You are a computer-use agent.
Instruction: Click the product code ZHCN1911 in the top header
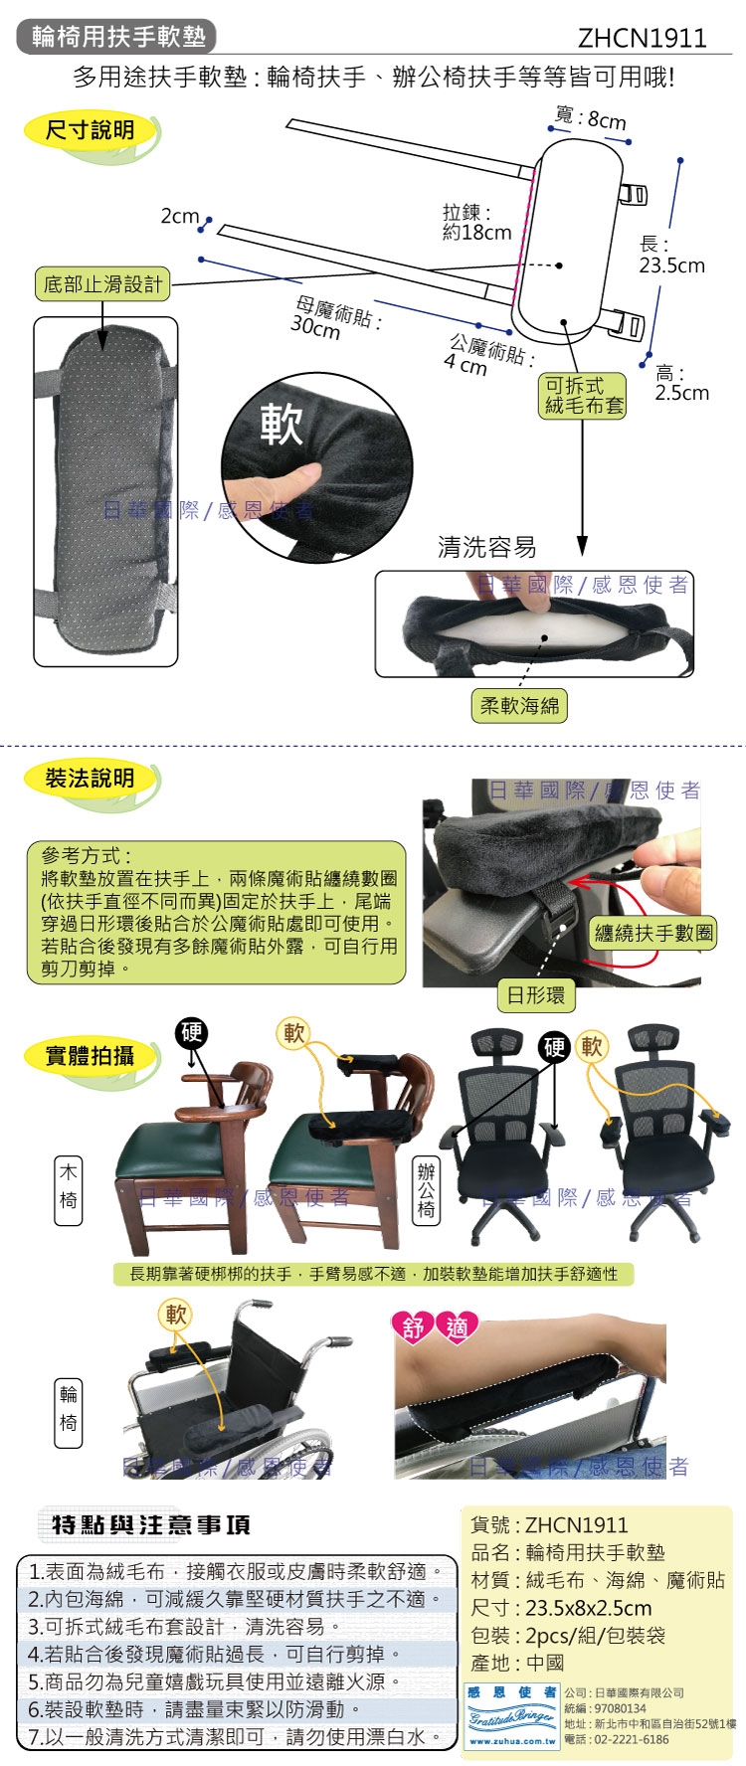[642, 38]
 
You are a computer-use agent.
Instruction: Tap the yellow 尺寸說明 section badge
[91, 130]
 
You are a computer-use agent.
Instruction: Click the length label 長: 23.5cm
[671, 255]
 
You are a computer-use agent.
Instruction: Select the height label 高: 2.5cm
[681, 383]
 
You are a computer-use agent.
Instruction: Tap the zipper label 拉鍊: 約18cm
[475, 223]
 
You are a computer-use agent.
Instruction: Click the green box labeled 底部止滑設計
[102, 284]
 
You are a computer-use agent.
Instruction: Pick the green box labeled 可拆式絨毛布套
[584, 395]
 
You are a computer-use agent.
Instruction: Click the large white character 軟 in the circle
[281, 425]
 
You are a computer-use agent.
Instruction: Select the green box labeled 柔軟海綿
[519, 706]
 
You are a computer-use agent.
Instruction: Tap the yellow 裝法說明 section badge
[90, 779]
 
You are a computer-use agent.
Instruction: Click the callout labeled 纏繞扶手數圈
[653, 933]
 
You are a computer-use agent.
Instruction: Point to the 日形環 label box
[535, 994]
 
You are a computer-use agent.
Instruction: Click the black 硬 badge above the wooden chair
[191, 1032]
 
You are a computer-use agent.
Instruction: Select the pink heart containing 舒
[413, 1327]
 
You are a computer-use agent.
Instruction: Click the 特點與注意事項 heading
[151, 1524]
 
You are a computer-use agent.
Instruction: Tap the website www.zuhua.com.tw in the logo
[512, 1741]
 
